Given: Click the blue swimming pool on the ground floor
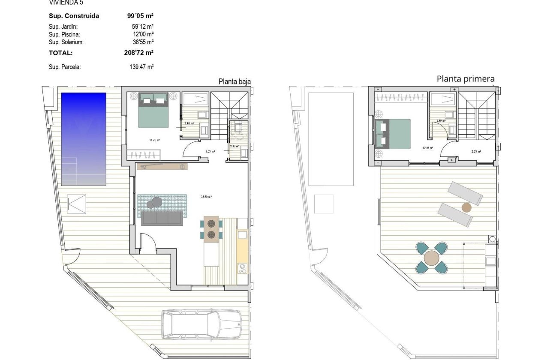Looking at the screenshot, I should [x=84, y=139].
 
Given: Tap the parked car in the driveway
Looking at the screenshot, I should [x=201, y=324].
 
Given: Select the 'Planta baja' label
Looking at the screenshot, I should [x=234, y=81].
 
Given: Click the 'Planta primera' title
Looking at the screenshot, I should [x=466, y=79].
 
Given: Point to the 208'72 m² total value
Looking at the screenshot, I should [x=138, y=53].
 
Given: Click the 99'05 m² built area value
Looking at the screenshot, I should [x=138, y=16].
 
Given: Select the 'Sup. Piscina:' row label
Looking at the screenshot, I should [x=64, y=34].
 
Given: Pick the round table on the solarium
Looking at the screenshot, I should [x=431, y=258].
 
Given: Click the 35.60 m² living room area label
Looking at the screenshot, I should [x=207, y=197].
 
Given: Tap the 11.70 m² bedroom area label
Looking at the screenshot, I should [x=154, y=140].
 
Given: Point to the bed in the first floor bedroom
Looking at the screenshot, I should [x=392, y=134].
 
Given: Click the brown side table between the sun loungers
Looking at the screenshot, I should [x=466, y=208].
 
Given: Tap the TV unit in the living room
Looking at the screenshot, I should [x=162, y=167].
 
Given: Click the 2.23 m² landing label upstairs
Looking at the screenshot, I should [x=476, y=151].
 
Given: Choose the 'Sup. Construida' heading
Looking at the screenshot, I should [x=74, y=16].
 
